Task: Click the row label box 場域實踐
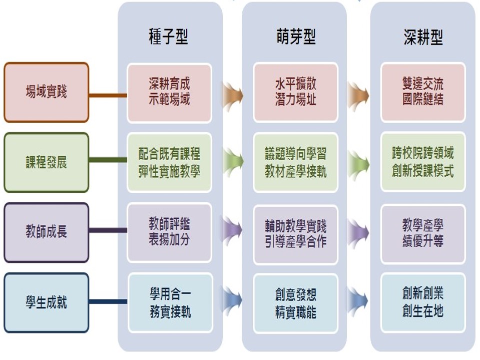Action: click(46, 92)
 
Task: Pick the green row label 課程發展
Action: click(46, 162)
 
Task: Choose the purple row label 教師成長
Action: click(46, 232)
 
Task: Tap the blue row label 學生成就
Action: click(46, 302)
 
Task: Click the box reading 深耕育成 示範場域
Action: click(169, 92)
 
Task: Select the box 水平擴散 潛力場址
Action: click(296, 92)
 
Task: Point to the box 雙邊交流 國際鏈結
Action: click(423, 92)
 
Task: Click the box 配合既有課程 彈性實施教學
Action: click(169, 162)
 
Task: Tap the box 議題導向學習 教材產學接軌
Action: click(296, 162)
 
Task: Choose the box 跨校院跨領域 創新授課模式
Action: click(423, 162)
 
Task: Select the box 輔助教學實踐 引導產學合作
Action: click(296, 234)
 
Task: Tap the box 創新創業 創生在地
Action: click(423, 302)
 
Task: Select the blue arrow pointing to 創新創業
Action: click(358, 300)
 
